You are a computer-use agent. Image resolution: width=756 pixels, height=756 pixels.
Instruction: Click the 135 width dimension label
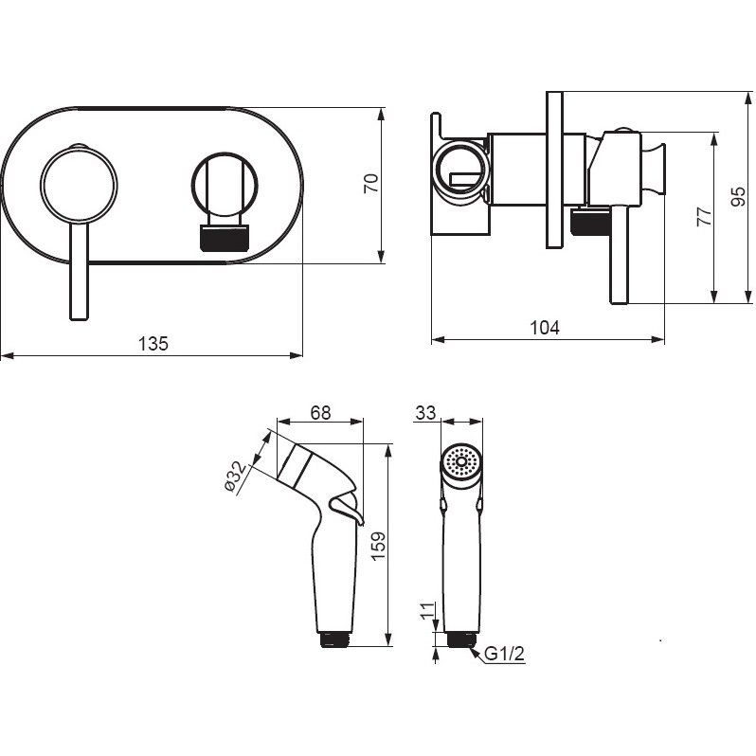(x=153, y=344)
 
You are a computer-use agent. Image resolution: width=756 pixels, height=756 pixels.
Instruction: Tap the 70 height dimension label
(x=371, y=184)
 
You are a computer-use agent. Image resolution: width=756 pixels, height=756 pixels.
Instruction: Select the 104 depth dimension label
(x=545, y=328)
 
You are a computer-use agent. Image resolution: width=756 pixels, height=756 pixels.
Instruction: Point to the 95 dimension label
(x=738, y=197)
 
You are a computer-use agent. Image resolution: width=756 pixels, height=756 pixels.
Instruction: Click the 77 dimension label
(x=704, y=217)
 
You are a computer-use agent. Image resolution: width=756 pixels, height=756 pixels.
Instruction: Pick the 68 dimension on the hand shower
(x=320, y=413)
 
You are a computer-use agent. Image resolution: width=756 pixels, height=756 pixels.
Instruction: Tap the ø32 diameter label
(x=236, y=477)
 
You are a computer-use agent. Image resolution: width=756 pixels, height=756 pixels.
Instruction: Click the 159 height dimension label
(x=379, y=546)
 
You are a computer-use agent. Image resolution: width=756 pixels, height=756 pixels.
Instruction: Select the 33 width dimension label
(x=425, y=413)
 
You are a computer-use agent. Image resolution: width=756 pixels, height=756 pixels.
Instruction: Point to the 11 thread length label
(x=427, y=611)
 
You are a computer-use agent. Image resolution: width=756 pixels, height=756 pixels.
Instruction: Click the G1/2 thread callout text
(x=504, y=655)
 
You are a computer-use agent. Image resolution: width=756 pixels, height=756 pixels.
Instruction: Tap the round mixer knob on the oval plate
(x=79, y=186)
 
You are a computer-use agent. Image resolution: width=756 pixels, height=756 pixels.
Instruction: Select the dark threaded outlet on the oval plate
(x=225, y=238)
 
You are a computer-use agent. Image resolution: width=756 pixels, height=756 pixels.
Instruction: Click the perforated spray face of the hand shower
(x=461, y=462)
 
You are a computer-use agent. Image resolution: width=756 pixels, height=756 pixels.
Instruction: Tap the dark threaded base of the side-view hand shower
(x=335, y=639)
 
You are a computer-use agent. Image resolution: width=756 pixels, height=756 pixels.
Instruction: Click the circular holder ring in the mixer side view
(x=459, y=172)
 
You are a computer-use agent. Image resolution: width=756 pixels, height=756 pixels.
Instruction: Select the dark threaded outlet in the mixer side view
(x=590, y=222)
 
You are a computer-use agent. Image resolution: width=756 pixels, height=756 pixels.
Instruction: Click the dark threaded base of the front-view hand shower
(x=462, y=639)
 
